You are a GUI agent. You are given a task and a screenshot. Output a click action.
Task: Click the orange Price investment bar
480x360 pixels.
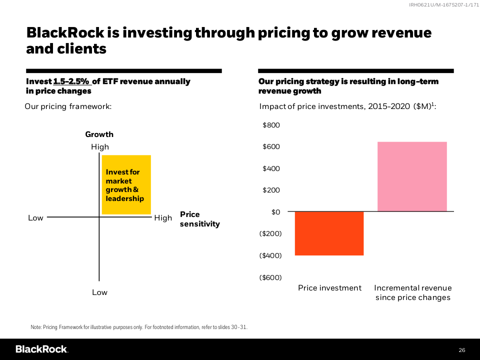(x=329, y=233)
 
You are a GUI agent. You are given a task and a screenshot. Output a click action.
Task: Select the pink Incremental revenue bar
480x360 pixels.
(x=412, y=176)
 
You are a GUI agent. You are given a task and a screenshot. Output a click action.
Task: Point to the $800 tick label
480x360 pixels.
(x=271, y=125)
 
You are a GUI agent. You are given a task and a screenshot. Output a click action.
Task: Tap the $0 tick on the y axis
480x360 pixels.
(x=275, y=211)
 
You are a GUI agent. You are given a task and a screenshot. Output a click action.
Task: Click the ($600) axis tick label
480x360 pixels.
(x=269, y=277)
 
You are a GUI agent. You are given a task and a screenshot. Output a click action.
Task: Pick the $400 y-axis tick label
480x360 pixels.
(x=271, y=168)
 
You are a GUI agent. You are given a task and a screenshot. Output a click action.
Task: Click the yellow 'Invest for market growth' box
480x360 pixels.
(x=126, y=185)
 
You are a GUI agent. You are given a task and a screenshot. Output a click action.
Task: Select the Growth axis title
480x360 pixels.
(x=99, y=134)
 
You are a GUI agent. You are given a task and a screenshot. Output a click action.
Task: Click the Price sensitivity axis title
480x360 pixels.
(x=199, y=219)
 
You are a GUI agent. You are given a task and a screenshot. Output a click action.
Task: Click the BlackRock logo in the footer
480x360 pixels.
(x=41, y=349)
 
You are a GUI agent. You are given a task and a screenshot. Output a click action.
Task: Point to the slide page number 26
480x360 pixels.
(x=461, y=349)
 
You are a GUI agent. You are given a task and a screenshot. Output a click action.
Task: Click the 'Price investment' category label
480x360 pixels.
(x=329, y=288)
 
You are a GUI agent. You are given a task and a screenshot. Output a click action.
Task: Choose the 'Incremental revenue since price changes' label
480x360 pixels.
(x=412, y=292)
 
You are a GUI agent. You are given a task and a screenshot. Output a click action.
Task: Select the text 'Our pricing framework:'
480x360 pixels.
(x=68, y=106)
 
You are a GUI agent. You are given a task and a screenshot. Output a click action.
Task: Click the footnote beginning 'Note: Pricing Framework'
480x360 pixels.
(x=139, y=327)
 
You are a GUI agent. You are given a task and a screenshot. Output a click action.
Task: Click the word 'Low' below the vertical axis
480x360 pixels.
(x=99, y=292)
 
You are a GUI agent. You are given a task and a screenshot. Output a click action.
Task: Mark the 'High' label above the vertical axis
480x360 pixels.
(x=99, y=147)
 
